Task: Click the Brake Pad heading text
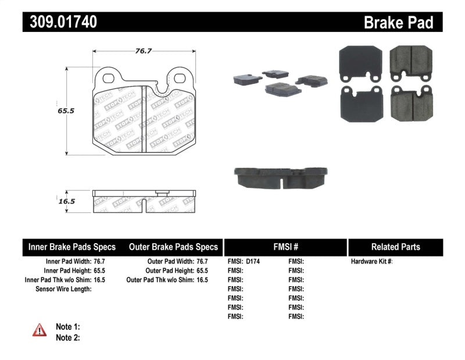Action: tap(399, 23)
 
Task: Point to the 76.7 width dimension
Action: tap(144, 51)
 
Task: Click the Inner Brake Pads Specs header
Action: tap(72, 247)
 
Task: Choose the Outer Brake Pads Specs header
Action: tap(174, 247)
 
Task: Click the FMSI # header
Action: tap(285, 247)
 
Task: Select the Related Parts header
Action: tap(395, 247)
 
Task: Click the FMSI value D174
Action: tap(253, 262)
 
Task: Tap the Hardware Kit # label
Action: tap(372, 262)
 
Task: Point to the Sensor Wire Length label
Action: tap(63, 289)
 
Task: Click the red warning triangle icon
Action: tap(40, 330)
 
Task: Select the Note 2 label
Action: tap(68, 337)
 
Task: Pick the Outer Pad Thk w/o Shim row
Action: tap(167, 280)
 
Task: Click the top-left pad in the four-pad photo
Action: tap(359, 63)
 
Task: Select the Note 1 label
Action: tap(68, 327)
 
